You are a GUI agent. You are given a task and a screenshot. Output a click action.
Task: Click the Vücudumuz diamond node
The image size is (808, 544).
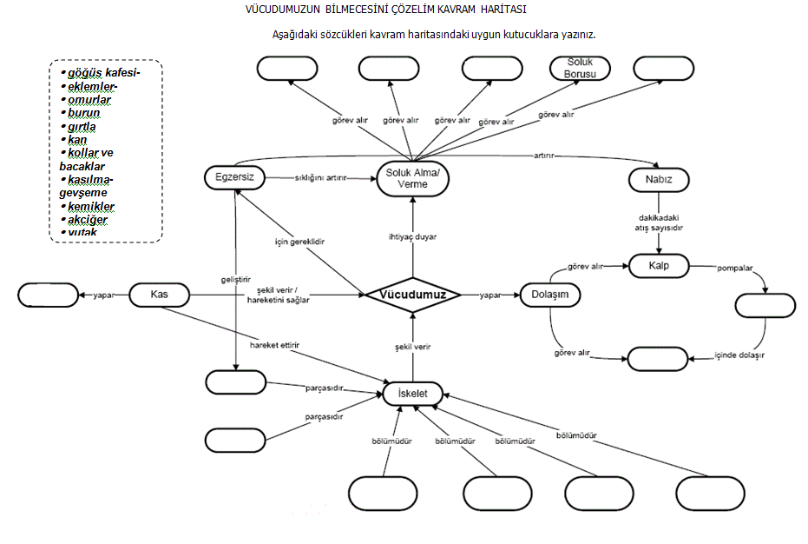point(412,295)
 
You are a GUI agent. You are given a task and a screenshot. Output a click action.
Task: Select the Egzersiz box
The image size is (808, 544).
point(234,178)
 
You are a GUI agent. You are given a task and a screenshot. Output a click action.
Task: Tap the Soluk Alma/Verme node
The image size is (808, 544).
point(413,178)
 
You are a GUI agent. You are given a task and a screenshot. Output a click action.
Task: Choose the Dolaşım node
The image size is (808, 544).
point(550,295)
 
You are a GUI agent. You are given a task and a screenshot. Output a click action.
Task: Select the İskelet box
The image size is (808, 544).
point(413,394)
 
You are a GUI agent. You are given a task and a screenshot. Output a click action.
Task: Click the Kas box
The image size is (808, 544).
point(159,295)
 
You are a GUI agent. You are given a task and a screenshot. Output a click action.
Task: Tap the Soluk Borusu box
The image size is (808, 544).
point(581,69)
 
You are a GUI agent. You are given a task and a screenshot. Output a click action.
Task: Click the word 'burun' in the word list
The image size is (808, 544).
point(83,113)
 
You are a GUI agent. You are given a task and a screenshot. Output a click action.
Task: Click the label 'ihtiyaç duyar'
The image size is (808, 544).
point(413,236)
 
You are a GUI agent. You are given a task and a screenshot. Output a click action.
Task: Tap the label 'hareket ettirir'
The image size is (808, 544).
point(275,344)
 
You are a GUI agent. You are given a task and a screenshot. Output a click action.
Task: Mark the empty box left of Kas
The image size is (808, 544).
point(48,295)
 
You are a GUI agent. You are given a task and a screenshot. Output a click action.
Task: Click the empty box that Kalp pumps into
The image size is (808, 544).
point(765,305)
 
